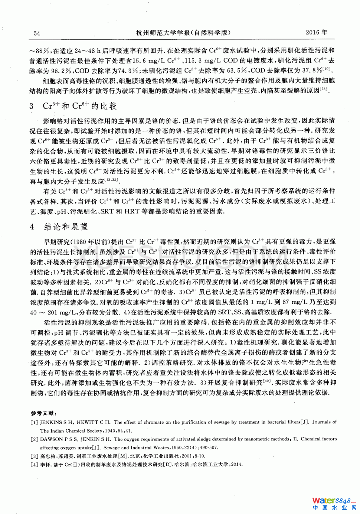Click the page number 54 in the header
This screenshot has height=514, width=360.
coord(37,33)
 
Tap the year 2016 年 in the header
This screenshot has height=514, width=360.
coord(316,32)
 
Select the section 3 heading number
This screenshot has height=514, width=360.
coord(32,106)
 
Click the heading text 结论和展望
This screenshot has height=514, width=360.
coord(66,227)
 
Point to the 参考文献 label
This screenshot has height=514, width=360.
coord(44,413)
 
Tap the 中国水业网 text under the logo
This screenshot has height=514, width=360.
coord(334,508)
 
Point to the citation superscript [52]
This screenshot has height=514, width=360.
coord(323,89)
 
